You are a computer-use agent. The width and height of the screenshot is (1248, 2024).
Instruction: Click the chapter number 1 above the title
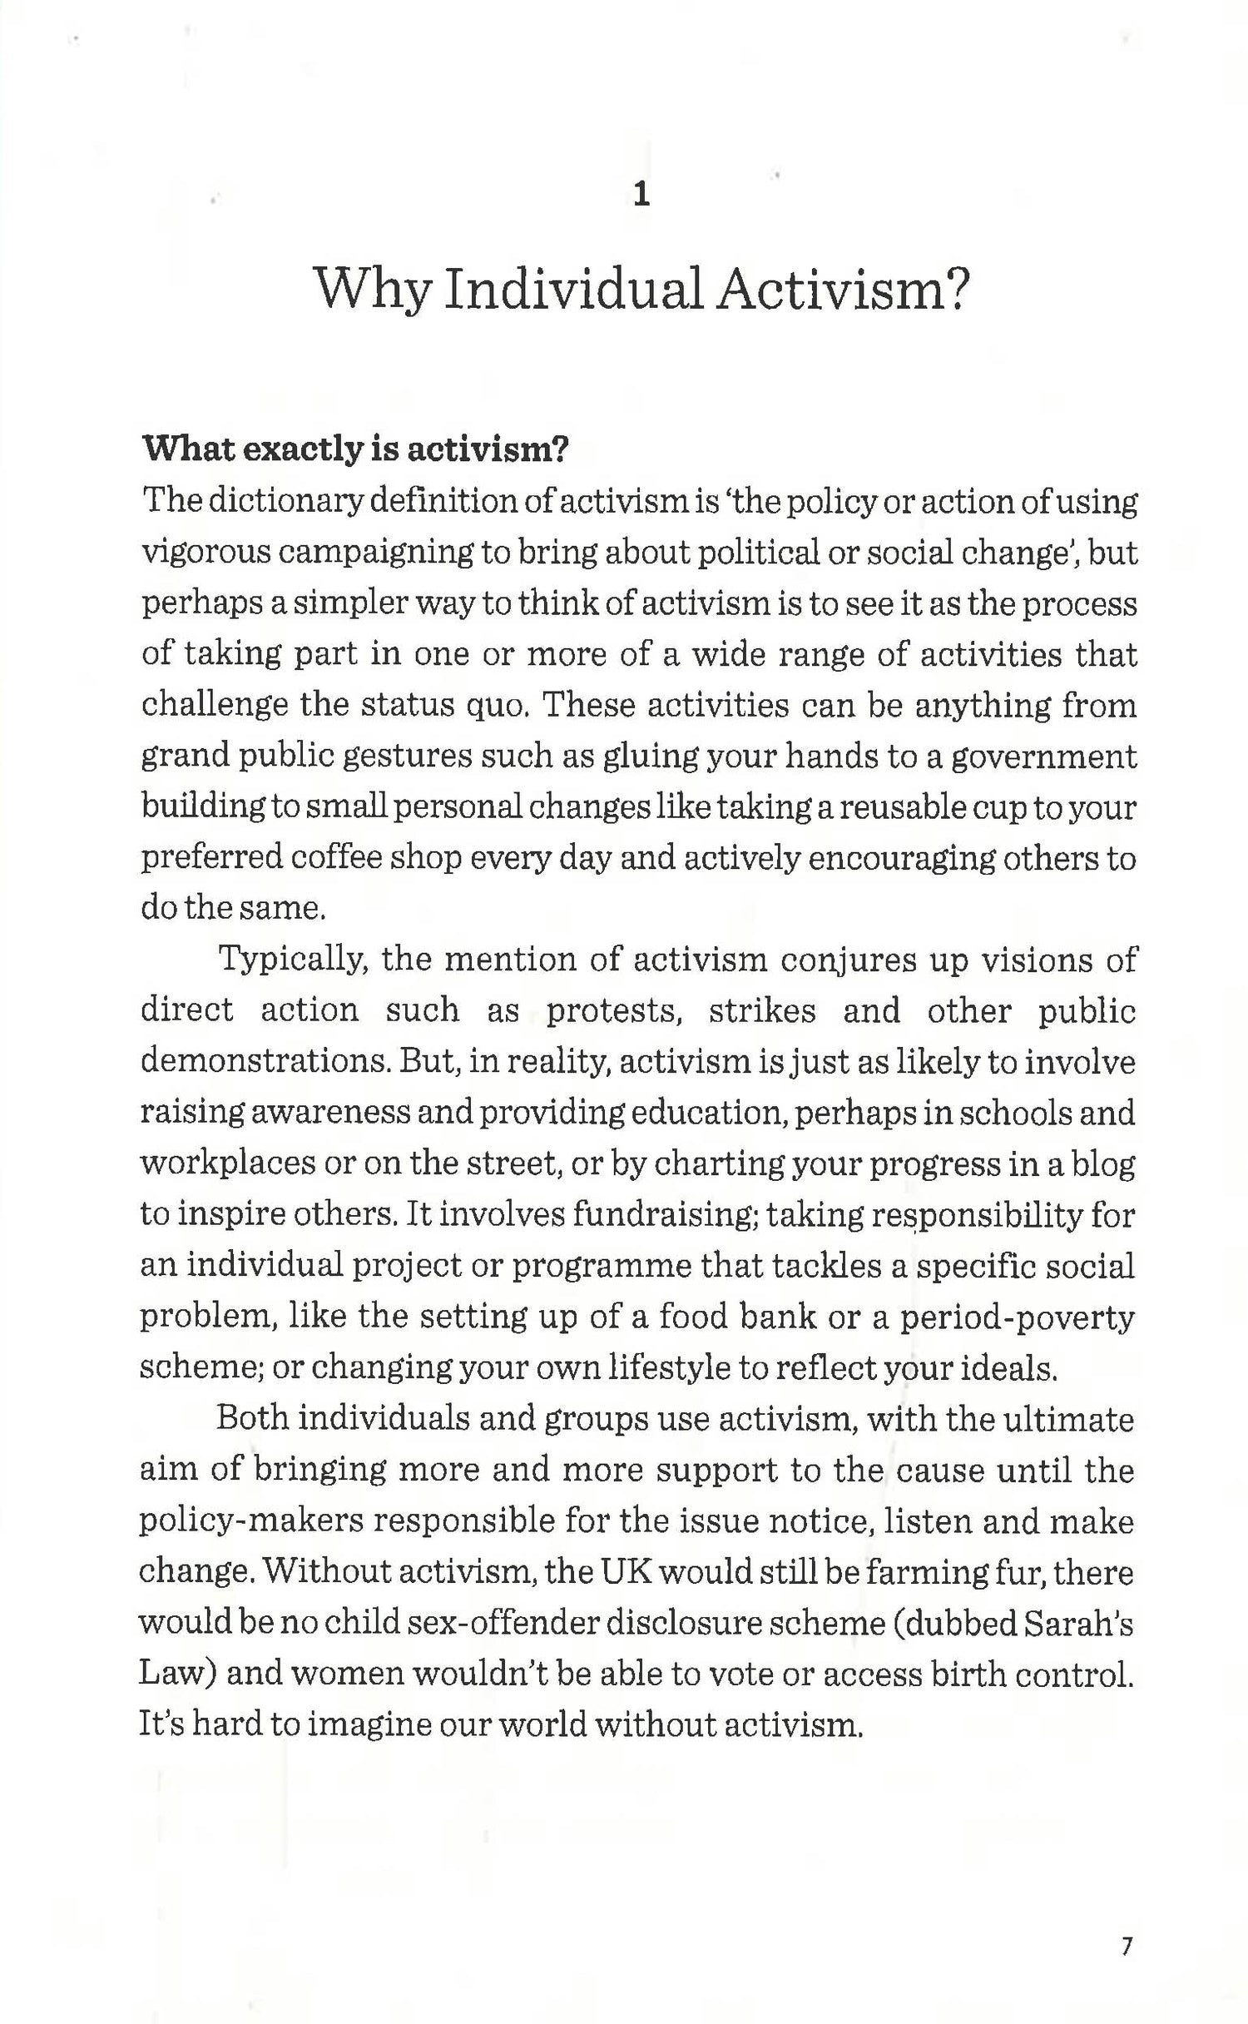641,195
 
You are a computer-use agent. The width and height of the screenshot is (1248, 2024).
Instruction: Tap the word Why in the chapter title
373,290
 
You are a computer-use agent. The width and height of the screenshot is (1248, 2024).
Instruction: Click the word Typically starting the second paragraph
293,960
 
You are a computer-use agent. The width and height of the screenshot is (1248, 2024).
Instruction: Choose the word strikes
762,1010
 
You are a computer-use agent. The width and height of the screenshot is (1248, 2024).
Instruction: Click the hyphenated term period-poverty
1018,1317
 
